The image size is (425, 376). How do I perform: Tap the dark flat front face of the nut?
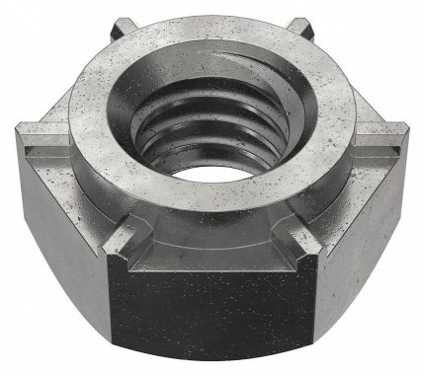(212, 296)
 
